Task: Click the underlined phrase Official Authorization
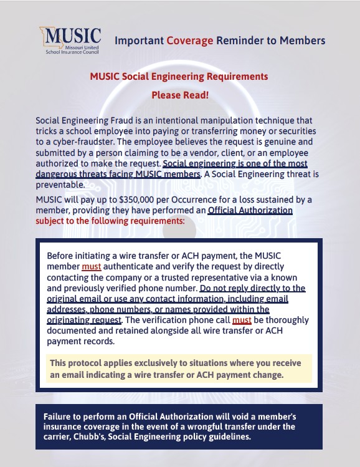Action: pos(250,210)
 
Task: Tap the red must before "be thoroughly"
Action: pos(241,320)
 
